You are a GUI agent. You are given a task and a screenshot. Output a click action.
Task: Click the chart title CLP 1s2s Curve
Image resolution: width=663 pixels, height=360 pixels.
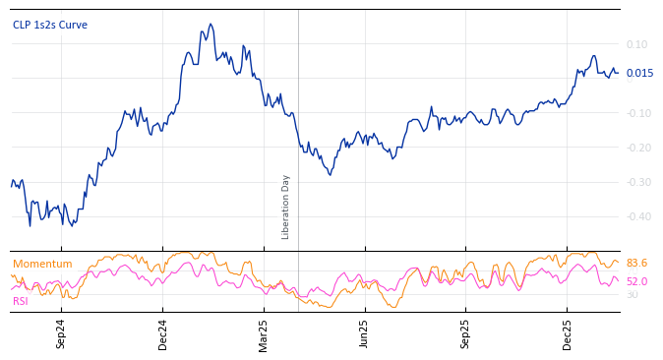tap(49, 25)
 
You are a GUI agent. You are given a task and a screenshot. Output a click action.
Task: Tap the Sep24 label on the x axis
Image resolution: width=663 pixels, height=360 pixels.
tap(61, 333)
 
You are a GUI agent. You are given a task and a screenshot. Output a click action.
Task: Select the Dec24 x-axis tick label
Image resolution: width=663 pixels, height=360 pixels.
tap(163, 333)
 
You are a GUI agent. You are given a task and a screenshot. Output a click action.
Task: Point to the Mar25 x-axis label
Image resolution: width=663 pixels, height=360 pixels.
tap(264, 333)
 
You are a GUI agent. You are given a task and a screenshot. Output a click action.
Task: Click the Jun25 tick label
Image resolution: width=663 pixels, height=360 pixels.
tap(364, 333)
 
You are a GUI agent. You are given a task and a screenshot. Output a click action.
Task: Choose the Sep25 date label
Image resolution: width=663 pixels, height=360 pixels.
tap(465, 333)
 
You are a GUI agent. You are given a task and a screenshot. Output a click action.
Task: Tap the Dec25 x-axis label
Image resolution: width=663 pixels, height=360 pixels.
tap(567, 333)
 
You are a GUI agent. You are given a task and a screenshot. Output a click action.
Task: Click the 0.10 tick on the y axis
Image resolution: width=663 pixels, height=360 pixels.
tap(636, 44)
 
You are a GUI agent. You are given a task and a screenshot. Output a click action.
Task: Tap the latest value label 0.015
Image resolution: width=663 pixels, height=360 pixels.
tap(639, 74)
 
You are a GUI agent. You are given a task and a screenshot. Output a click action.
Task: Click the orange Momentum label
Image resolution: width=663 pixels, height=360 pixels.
tap(42, 264)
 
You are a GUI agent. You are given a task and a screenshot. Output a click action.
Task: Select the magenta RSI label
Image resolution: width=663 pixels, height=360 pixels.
tap(20, 301)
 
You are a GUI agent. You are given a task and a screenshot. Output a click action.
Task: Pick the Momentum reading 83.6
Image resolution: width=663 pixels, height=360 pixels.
tap(636, 264)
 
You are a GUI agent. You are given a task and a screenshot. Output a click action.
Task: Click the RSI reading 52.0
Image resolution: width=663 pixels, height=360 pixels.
tap(636, 281)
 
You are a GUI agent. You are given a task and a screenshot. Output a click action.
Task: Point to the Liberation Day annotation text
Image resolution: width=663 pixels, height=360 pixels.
tap(286, 207)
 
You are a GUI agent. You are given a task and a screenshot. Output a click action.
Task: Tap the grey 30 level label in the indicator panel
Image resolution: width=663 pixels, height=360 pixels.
tap(632, 294)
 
